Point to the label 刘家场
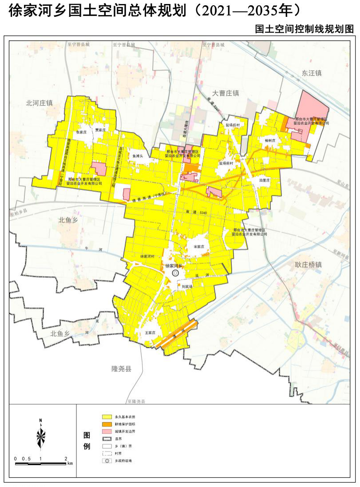[187, 287]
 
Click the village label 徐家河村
[147, 257]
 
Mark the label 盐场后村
[232, 126]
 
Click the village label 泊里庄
[264, 180]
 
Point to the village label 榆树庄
[270, 140]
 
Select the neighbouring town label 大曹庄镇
[225, 93]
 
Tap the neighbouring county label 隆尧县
[122, 369]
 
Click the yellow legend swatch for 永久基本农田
[107, 417]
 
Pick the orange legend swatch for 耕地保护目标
[107, 424]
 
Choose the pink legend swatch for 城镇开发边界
[107, 432]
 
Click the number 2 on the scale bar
[66, 459]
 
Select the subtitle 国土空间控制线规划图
[305, 29]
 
